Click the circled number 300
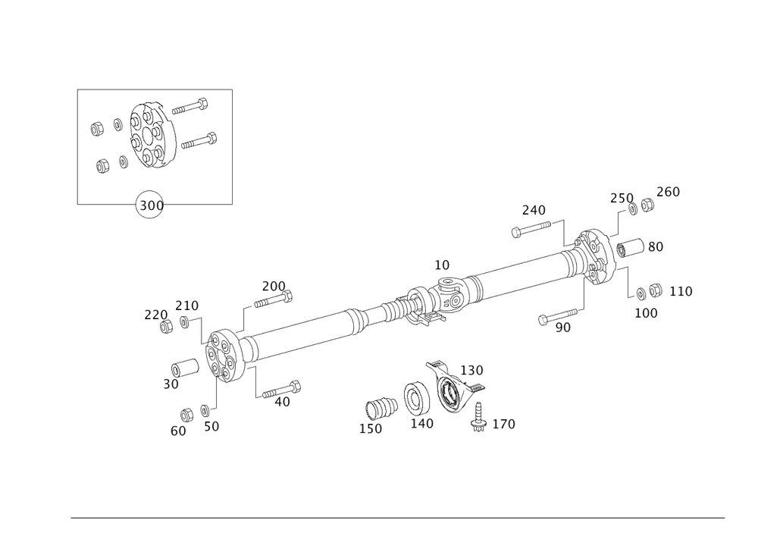150,205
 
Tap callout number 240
534,209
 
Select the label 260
668,192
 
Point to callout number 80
655,246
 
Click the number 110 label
680,291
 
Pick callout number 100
646,312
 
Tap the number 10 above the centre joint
442,265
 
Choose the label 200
273,286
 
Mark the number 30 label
170,384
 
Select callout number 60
178,430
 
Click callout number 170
503,425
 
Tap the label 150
371,428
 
